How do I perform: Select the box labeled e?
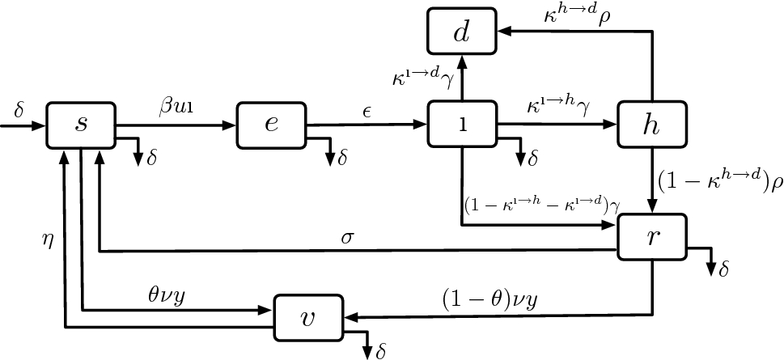[x=271, y=125]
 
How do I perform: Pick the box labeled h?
[x=651, y=125]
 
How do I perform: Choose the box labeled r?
[x=651, y=236]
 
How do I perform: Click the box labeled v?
[x=307, y=316]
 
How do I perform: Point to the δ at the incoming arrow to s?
[x=19, y=108]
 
